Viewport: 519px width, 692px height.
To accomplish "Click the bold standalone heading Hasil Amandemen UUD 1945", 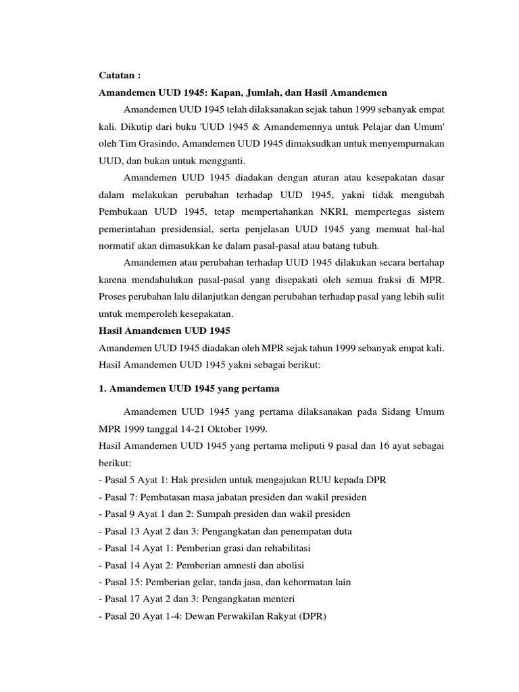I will coord(165,331).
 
